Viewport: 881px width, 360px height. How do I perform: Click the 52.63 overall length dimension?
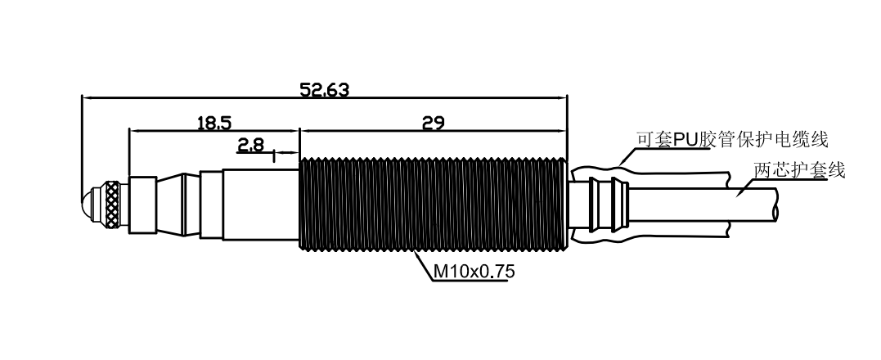(x=324, y=89)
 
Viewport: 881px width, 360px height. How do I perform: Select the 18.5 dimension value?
(x=214, y=123)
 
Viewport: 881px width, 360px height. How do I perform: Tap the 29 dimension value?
(x=434, y=123)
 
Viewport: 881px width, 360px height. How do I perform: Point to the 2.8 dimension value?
(x=250, y=146)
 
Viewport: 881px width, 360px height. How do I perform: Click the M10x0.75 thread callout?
(x=474, y=272)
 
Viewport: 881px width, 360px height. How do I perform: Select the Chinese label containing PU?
(x=732, y=139)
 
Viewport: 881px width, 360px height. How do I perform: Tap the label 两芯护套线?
(x=799, y=170)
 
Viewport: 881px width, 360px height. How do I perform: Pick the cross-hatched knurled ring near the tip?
(x=113, y=205)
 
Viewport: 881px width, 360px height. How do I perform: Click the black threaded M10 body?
(x=434, y=205)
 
